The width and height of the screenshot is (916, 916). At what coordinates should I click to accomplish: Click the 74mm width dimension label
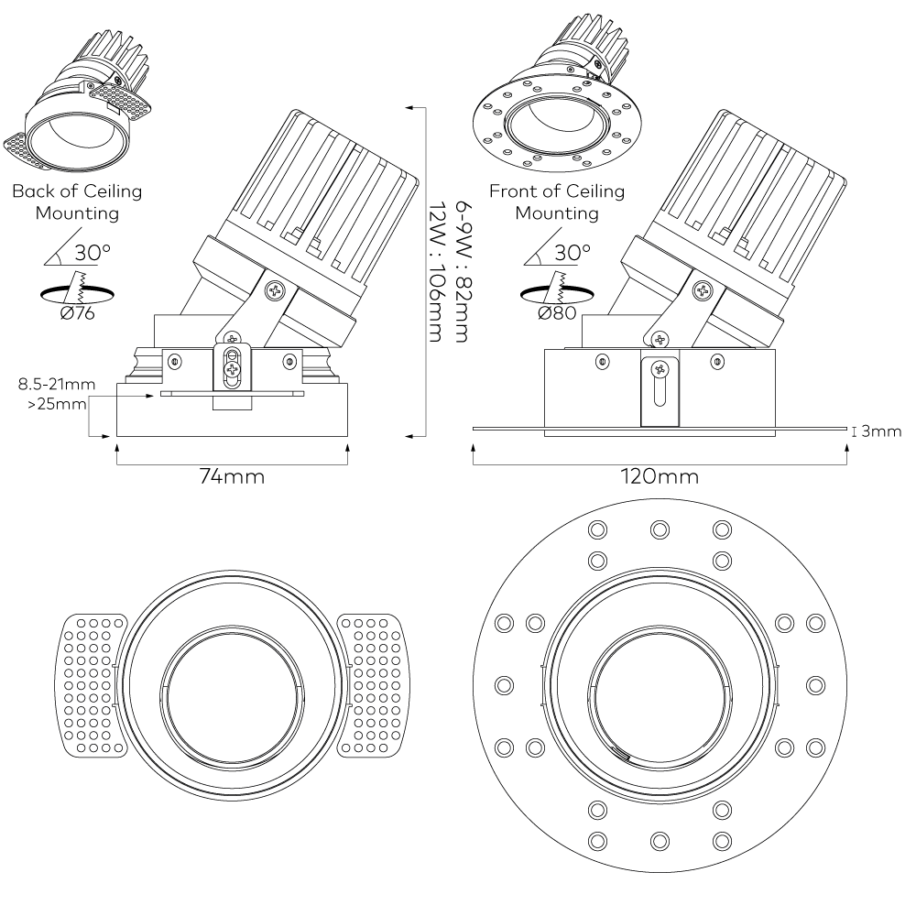[233, 477]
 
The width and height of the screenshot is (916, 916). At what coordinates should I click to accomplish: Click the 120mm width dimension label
[659, 477]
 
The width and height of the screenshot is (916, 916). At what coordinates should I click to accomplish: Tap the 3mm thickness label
[881, 431]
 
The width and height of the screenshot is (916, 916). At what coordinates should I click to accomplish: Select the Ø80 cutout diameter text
[557, 313]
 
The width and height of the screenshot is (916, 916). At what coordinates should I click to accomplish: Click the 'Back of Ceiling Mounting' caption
[77, 202]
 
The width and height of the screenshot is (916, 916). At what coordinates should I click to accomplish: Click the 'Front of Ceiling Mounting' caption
[556, 202]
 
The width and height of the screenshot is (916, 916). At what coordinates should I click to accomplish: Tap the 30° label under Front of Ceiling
[571, 250]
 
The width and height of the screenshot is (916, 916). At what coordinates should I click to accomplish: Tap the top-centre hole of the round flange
[660, 529]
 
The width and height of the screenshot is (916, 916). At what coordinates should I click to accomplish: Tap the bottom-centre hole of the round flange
[660, 840]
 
